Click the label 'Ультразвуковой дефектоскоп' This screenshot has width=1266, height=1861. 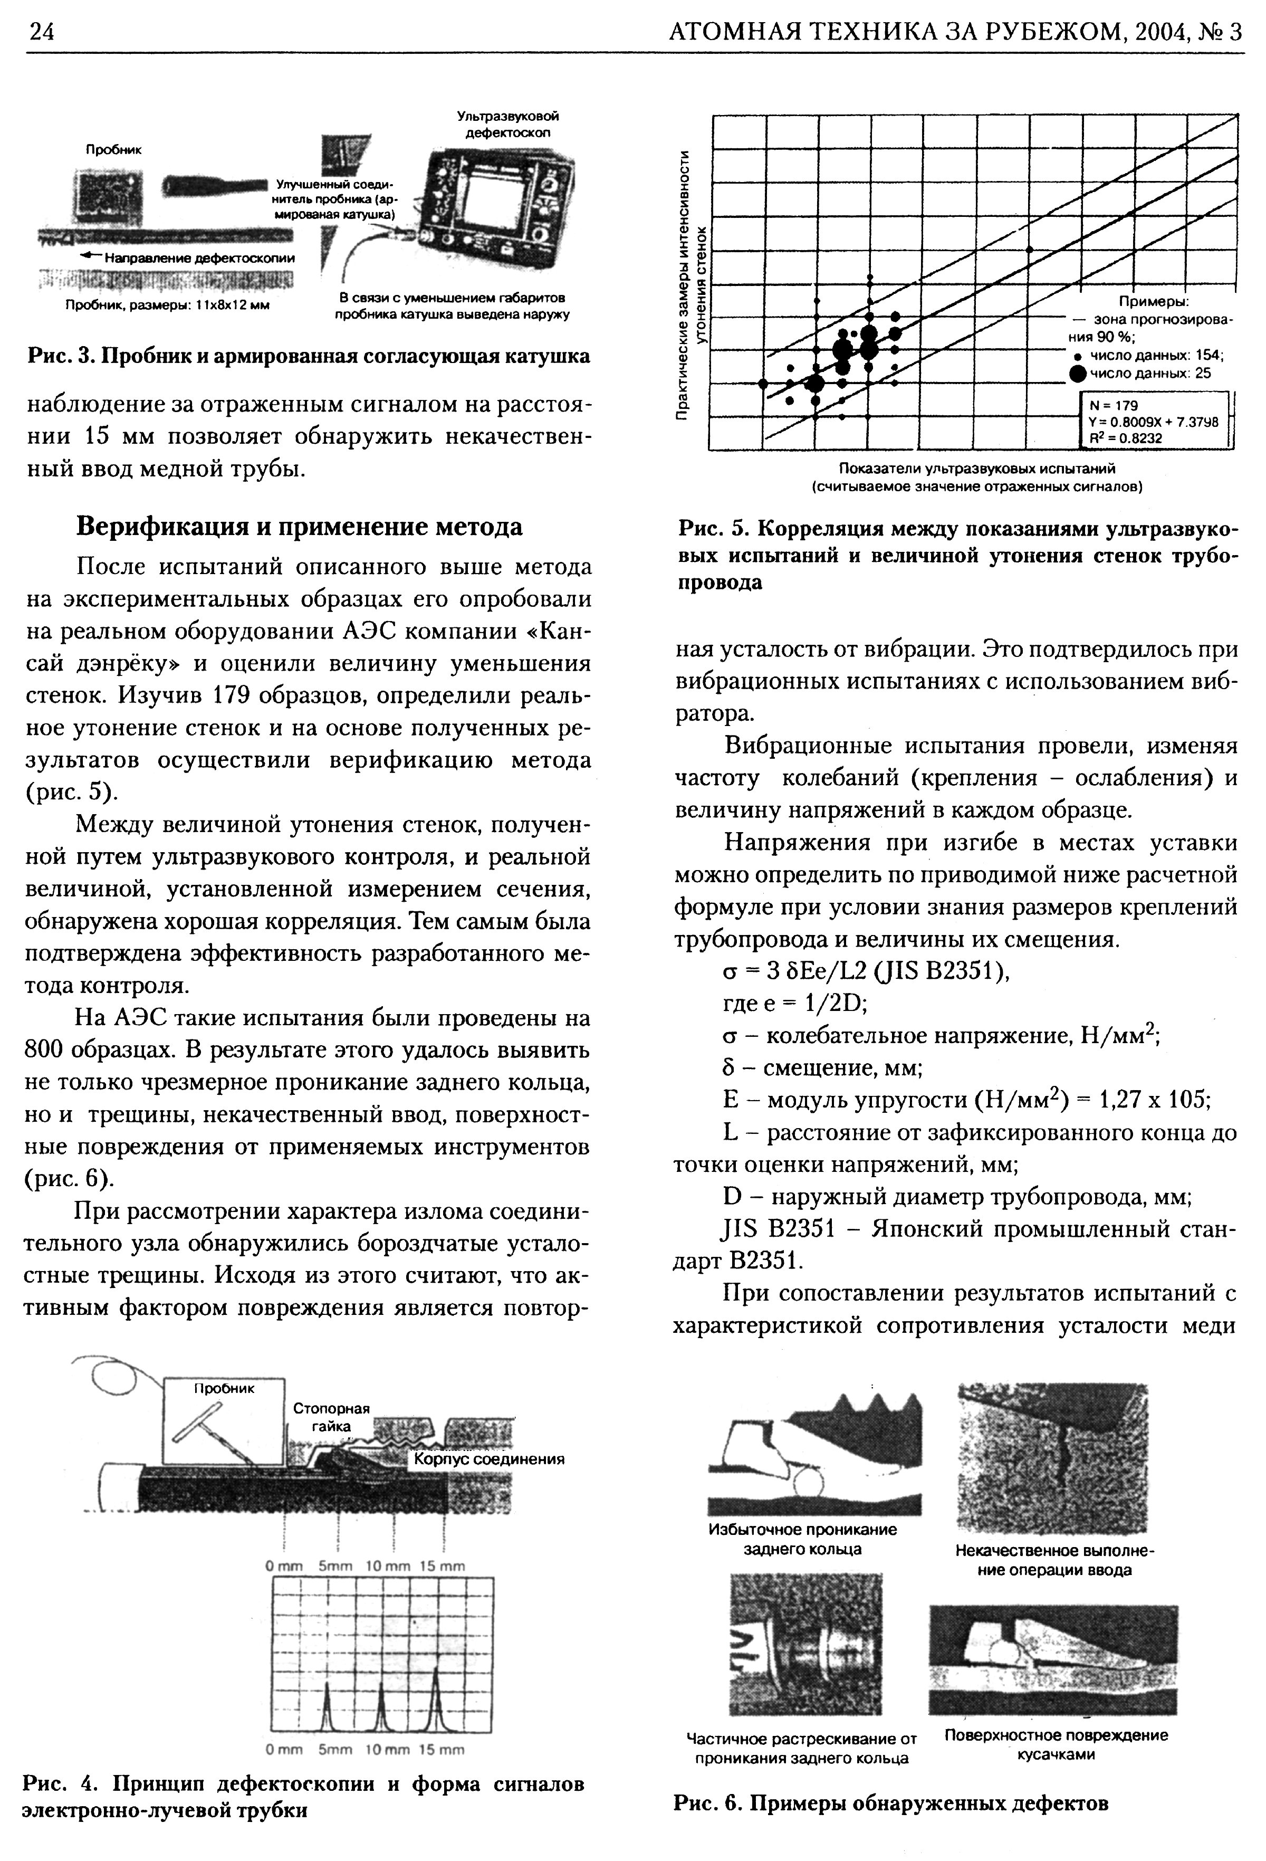click(x=507, y=124)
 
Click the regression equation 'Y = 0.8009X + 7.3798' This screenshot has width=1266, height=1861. click(x=1152, y=421)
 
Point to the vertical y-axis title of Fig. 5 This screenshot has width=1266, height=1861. click(x=691, y=284)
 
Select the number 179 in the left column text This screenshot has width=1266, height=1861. click(x=232, y=696)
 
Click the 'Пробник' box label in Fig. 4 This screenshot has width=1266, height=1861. click(x=224, y=1389)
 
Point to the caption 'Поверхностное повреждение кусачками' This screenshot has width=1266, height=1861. click(x=1056, y=1744)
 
